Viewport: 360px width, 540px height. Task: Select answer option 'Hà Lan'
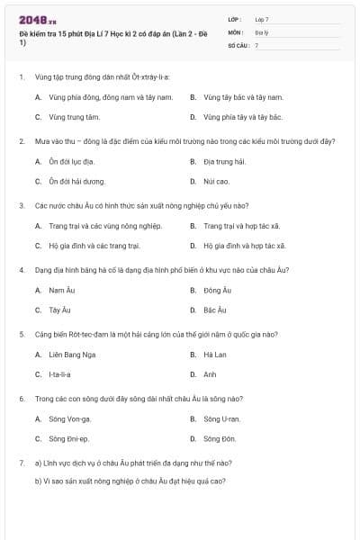click(213, 355)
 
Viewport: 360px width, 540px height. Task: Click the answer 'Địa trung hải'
click(224, 161)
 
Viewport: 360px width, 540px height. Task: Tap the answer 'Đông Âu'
click(217, 290)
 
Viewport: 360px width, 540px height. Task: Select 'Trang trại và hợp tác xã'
click(240, 226)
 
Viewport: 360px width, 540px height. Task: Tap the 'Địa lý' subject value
click(261, 31)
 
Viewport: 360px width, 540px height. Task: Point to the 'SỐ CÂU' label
click(238, 44)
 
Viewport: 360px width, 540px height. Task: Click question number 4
click(21, 269)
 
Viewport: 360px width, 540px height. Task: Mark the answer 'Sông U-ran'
click(221, 418)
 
